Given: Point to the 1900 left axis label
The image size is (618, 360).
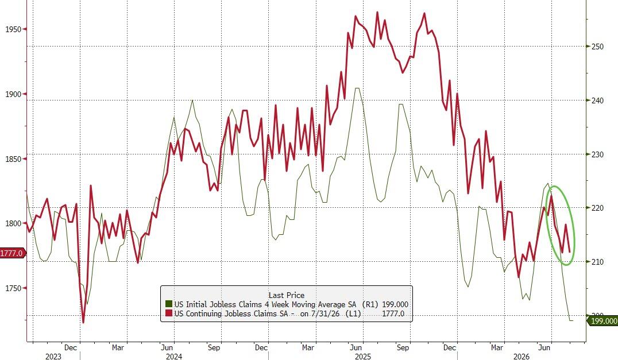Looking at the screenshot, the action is pyautogui.click(x=13, y=94).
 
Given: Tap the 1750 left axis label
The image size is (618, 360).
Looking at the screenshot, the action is pyautogui.click(x=13, y=288).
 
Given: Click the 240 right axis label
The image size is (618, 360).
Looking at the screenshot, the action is pyautogui.click(x=598, y=100).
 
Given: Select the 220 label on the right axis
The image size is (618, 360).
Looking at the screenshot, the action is pyautogui.click(x=598, y=208).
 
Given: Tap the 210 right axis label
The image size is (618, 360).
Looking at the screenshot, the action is pyautogui.click(x=598, y=262).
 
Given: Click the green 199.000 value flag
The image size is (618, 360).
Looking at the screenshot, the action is pyautogui.click(x=602, y=321).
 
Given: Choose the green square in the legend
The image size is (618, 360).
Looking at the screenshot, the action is pyautogui.click(x=169, y=304).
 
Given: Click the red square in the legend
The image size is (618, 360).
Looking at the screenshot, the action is pyautogui.click(x=169, y=313).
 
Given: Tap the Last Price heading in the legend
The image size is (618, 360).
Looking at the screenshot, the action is pyautogui.click(x=287, y=295).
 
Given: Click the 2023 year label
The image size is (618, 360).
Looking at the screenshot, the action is pyautogui.click(x=53, y=357).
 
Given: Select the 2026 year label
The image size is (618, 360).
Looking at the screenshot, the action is pyautogui.click(x=521, y=357).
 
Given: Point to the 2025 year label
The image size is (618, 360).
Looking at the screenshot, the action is pyautogui.click(x=363, y=357).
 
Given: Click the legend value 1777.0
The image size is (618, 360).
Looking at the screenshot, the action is pyautogui.click(x=393, y=313).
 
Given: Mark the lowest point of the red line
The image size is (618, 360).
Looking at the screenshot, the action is pyautogui.click(x=83, y=323).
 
